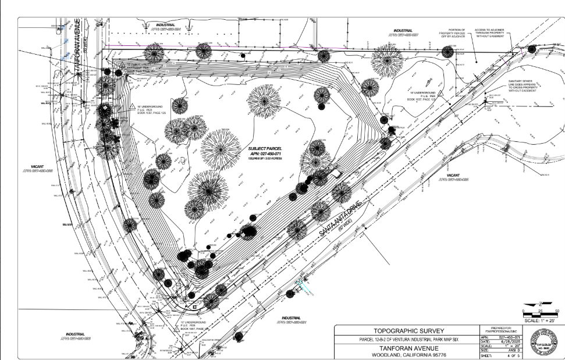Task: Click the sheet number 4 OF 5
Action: click(x=511, y=356)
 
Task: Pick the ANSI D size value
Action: click(x=511, y=351)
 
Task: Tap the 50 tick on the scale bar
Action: click(x=557, y=312)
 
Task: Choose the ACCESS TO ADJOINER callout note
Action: click(x=493, y=33)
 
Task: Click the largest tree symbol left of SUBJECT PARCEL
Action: click(x=221, y=148)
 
